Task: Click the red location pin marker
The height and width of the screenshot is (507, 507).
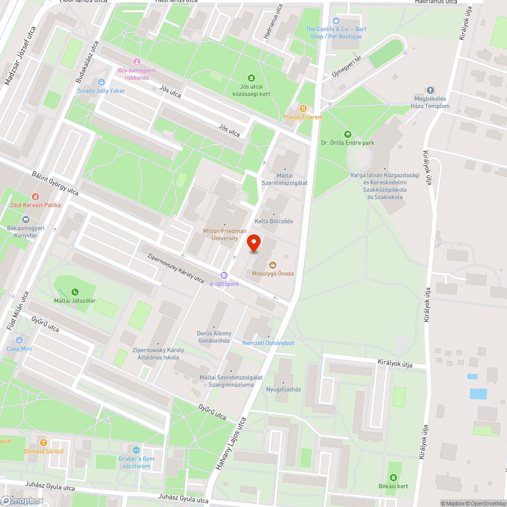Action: (x=253, y=243)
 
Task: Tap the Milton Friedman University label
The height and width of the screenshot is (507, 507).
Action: (x=221, y=234)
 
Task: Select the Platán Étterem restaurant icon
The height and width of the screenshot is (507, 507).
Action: (x=303, y=108)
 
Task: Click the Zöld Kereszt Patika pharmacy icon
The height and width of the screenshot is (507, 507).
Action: (x=35, y=196)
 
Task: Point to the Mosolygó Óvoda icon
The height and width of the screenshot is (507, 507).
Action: (x=273, y=265)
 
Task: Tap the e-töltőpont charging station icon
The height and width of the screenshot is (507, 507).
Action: (x=224, y=275)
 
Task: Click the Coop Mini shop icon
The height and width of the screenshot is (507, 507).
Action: (x=19, y=340)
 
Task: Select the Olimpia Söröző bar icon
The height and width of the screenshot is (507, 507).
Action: (x=43, y=443)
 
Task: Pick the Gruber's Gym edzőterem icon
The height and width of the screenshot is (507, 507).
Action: (x=135, y=450)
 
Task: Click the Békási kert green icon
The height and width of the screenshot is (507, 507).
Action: (x=393, y=478)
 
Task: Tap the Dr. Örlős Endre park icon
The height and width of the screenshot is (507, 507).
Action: (x=347, y=134)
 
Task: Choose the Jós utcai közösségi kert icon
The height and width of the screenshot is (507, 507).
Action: (x=251, y=78)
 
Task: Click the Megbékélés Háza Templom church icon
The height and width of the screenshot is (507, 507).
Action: (x=431, y=90)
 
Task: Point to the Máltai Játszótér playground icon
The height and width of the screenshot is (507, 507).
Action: (x=75, y=292)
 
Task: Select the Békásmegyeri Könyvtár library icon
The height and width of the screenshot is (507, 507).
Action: (x=26, y=220)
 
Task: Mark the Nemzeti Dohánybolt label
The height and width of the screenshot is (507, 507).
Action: (x=268, y=343)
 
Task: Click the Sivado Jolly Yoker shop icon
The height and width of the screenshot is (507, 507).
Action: (x=101, y=82)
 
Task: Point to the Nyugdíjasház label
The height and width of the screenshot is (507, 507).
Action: (x=283, y=389)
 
